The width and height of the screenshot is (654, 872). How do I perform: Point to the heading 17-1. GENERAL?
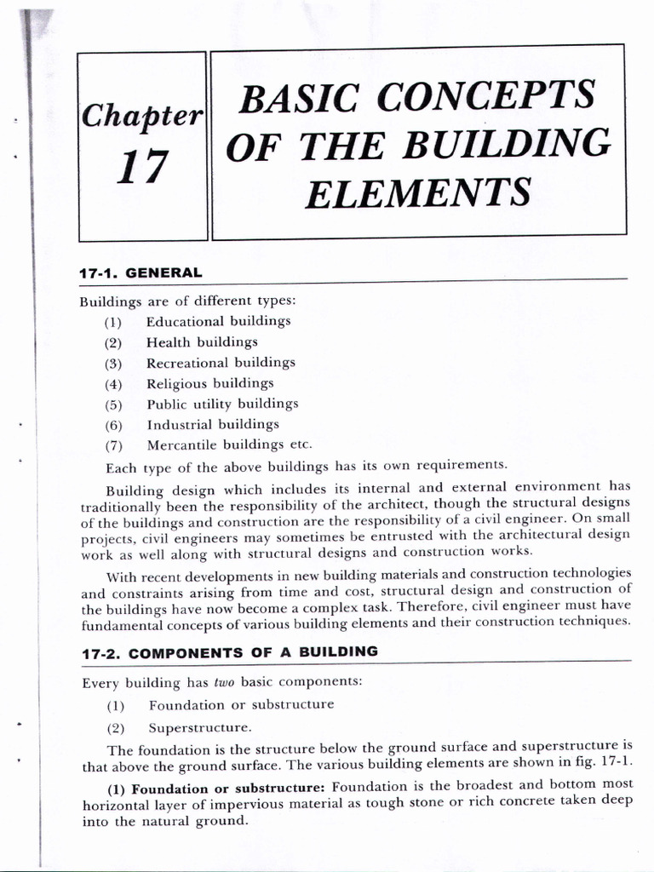pos(141,273)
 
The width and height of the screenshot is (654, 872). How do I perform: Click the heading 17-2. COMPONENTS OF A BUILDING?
pos(229,652)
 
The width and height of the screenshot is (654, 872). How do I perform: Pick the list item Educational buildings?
pos(218,322)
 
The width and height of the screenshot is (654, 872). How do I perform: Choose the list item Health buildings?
pos(202,342)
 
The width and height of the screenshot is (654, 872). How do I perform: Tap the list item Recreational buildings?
pos(221,363)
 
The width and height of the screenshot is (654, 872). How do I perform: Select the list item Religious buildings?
pos(210,383)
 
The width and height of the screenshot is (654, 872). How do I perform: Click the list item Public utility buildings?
pos(222,404)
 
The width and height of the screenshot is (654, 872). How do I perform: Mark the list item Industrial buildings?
pos(213,424)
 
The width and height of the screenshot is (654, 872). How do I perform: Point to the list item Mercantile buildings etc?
pos(230,445)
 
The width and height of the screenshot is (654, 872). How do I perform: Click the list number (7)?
pos(114,445)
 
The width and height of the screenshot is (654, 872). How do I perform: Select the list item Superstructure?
pos(200,728)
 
